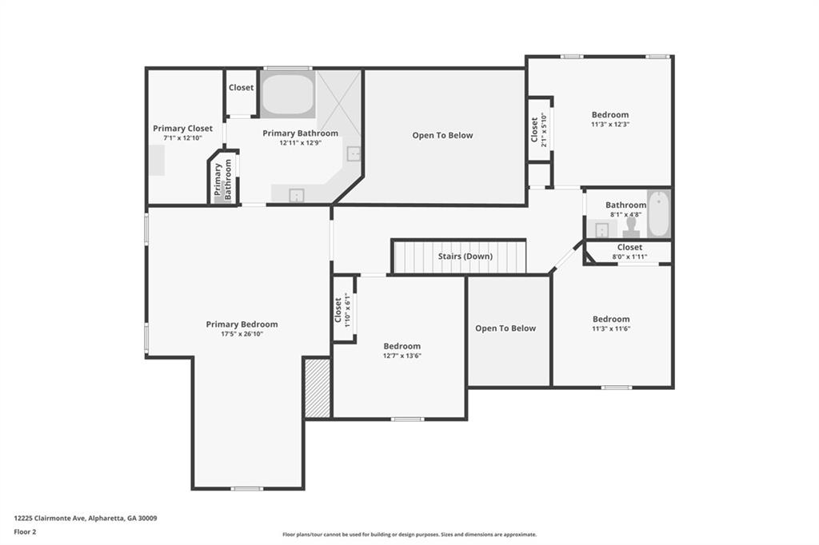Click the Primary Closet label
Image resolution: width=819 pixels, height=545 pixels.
pos(182,128)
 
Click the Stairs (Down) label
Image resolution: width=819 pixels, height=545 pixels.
pos(465,257)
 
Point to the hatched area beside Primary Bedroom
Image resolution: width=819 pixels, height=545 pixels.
pos(318,388)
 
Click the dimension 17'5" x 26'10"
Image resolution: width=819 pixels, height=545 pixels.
pos(242,334)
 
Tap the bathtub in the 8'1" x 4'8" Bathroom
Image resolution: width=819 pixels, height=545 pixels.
pos(657,214)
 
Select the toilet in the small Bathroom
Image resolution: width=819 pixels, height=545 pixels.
pos(631,228)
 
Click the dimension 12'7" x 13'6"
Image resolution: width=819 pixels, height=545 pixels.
pos(402,356)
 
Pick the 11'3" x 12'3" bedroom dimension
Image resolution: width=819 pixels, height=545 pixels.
pos(610,125)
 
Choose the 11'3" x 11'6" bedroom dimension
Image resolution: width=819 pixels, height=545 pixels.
pos(610,328)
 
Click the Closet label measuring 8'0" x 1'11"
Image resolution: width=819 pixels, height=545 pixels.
pos(629,248)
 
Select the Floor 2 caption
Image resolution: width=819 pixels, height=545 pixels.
pos(25,531)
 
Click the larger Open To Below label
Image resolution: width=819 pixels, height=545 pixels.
pos(442,135)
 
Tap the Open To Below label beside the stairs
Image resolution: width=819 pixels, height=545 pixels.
pos(505,328)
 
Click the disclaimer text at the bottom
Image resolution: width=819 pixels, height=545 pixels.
pos(409,535)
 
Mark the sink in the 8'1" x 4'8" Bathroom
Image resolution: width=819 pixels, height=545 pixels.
pos(601,230)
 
